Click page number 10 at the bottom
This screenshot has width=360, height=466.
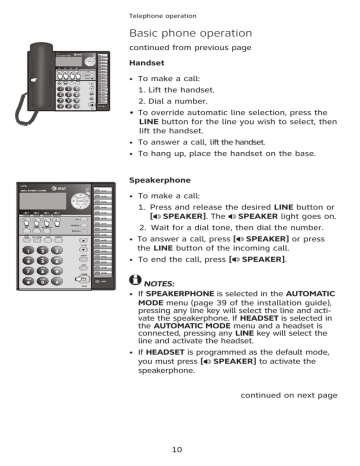(x=176, y=449)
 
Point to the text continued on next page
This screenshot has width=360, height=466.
(x=289, y=396)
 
